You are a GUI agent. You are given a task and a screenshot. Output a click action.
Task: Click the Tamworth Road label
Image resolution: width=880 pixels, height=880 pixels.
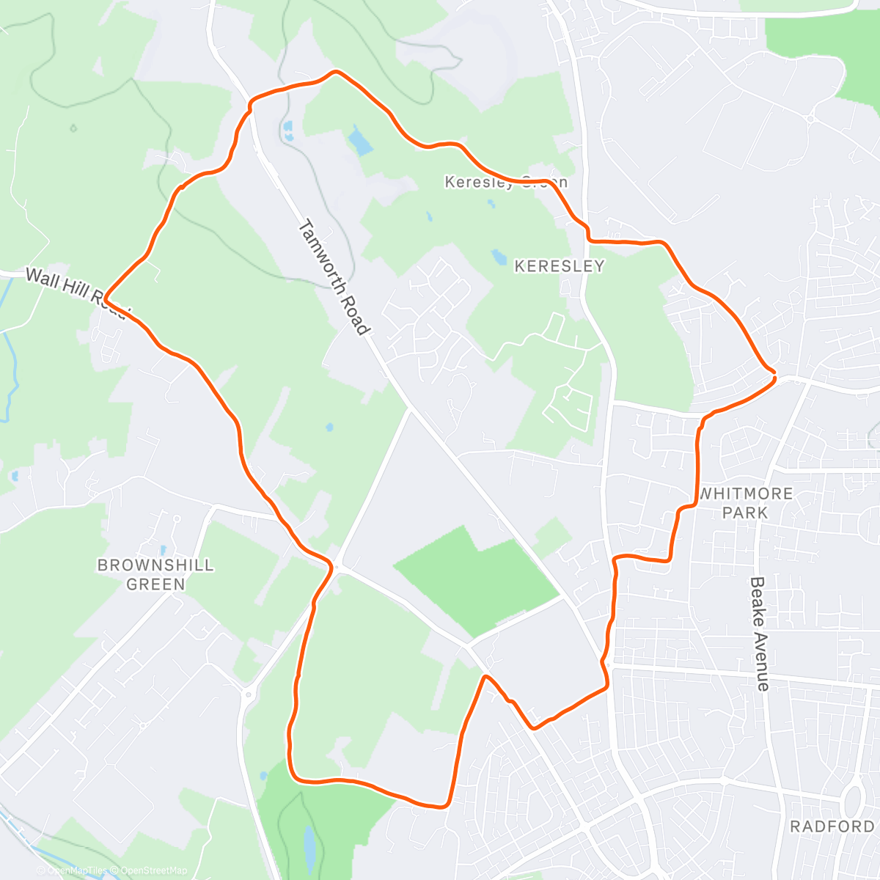coord(334,278)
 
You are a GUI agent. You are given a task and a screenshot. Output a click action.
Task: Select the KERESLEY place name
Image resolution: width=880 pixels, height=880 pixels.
coord(560,266)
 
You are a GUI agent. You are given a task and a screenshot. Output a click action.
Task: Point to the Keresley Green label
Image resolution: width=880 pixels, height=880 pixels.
coord(506,182)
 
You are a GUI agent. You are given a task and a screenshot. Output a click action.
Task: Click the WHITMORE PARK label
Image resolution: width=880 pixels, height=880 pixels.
coord(745,503)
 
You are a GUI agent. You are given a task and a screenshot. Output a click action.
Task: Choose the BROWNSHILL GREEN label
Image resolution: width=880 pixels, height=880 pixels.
coord(155,574)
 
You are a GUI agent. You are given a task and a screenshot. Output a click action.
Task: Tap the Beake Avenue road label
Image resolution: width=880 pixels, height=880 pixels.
coord(759,634)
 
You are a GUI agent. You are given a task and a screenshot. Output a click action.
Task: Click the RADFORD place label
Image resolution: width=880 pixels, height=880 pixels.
coord(832,826)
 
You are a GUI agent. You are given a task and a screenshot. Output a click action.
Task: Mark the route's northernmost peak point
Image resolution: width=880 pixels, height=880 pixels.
coord(336,72)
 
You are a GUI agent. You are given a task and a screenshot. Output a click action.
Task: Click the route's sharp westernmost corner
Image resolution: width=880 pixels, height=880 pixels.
coord(106,298)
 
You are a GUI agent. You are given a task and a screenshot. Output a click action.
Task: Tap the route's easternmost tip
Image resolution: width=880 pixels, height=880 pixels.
coord(774,377)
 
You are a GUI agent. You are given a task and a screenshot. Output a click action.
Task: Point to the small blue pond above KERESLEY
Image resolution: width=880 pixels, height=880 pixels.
coord(499,257)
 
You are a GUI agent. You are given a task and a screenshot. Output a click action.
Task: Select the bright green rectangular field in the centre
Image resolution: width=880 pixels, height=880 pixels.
coord(477,579)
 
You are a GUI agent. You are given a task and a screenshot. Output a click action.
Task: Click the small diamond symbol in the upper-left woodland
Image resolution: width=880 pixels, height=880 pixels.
coord(73,128)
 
